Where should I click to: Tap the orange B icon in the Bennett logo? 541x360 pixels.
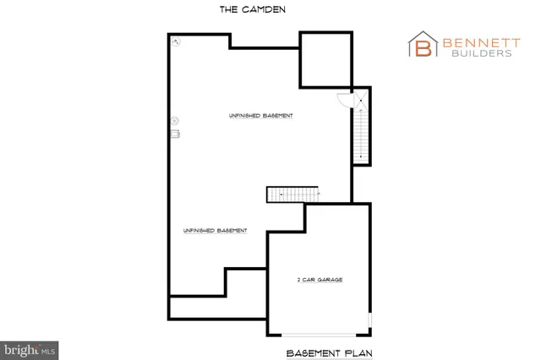pyautogui.click(x=423, y=46)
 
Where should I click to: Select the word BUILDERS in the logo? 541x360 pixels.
pyautogui.click(x=478, y=53)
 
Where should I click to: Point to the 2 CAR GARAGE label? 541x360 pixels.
pyautogui.click(x=319, y=279)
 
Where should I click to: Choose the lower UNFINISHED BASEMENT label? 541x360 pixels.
pyautogui.click(x=214, y=230)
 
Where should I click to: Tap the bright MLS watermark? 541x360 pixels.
pyautogui.click(x=29, y=348)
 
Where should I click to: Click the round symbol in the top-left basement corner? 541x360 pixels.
pyautogui.click(x=176, y=41)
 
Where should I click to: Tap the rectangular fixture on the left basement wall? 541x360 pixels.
pyautogui.click(x=177, y=132)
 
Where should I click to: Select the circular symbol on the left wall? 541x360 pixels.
pyautogui.click(x=175, y=120)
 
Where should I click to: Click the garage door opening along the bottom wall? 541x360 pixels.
pyautogui.click(x=318, y=332)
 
